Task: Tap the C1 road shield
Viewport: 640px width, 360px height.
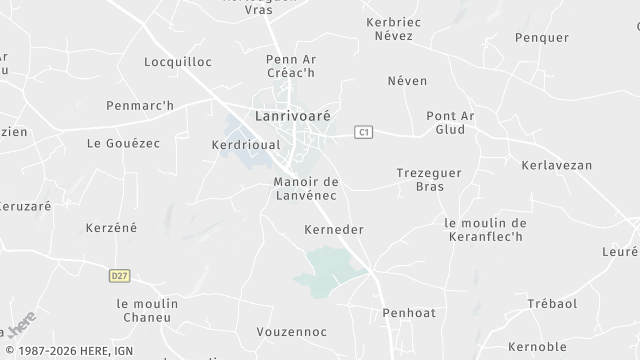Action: tap(365, 131)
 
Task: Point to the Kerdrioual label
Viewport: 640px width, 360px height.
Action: tap(244, 144)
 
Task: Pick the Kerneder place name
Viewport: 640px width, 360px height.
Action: tap(333, 230)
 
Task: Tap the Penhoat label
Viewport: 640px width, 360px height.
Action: tap(409, 313)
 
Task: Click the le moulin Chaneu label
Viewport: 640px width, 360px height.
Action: tap(147, 310)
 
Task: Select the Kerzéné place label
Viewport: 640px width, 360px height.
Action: tap(111, 228)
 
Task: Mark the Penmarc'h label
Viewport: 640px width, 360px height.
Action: tap(140, 105)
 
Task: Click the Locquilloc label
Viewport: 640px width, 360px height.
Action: tap(178, 61)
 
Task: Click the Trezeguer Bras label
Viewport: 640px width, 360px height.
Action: tap(428, 179)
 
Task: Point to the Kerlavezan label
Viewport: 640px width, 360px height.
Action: tap(557, 164)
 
